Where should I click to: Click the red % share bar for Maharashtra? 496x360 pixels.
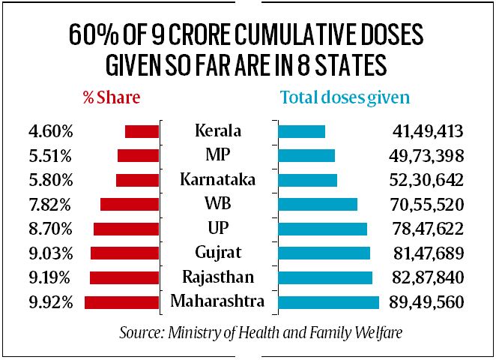(122, 302)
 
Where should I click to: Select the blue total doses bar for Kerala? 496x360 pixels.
(301, 131)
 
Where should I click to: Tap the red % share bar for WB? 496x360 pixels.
(130, 204)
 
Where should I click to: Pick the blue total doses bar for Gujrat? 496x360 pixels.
(324, 253)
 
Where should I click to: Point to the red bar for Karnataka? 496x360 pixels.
(137, 180)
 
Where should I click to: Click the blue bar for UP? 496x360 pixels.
(322, 229)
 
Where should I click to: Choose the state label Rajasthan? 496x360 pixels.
(218, 277)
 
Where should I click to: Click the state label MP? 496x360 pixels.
(218, 155)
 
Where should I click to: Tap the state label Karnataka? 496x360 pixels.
(218, 180)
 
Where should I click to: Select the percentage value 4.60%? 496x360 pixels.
(48, 132)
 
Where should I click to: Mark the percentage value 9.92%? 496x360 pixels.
(48, 303)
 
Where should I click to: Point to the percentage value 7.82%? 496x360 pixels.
(48, 205)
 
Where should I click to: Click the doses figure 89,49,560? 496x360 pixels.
(428, 303)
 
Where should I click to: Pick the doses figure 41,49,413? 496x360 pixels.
(428, 132)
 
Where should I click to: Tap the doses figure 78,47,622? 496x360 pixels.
(428, 229)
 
